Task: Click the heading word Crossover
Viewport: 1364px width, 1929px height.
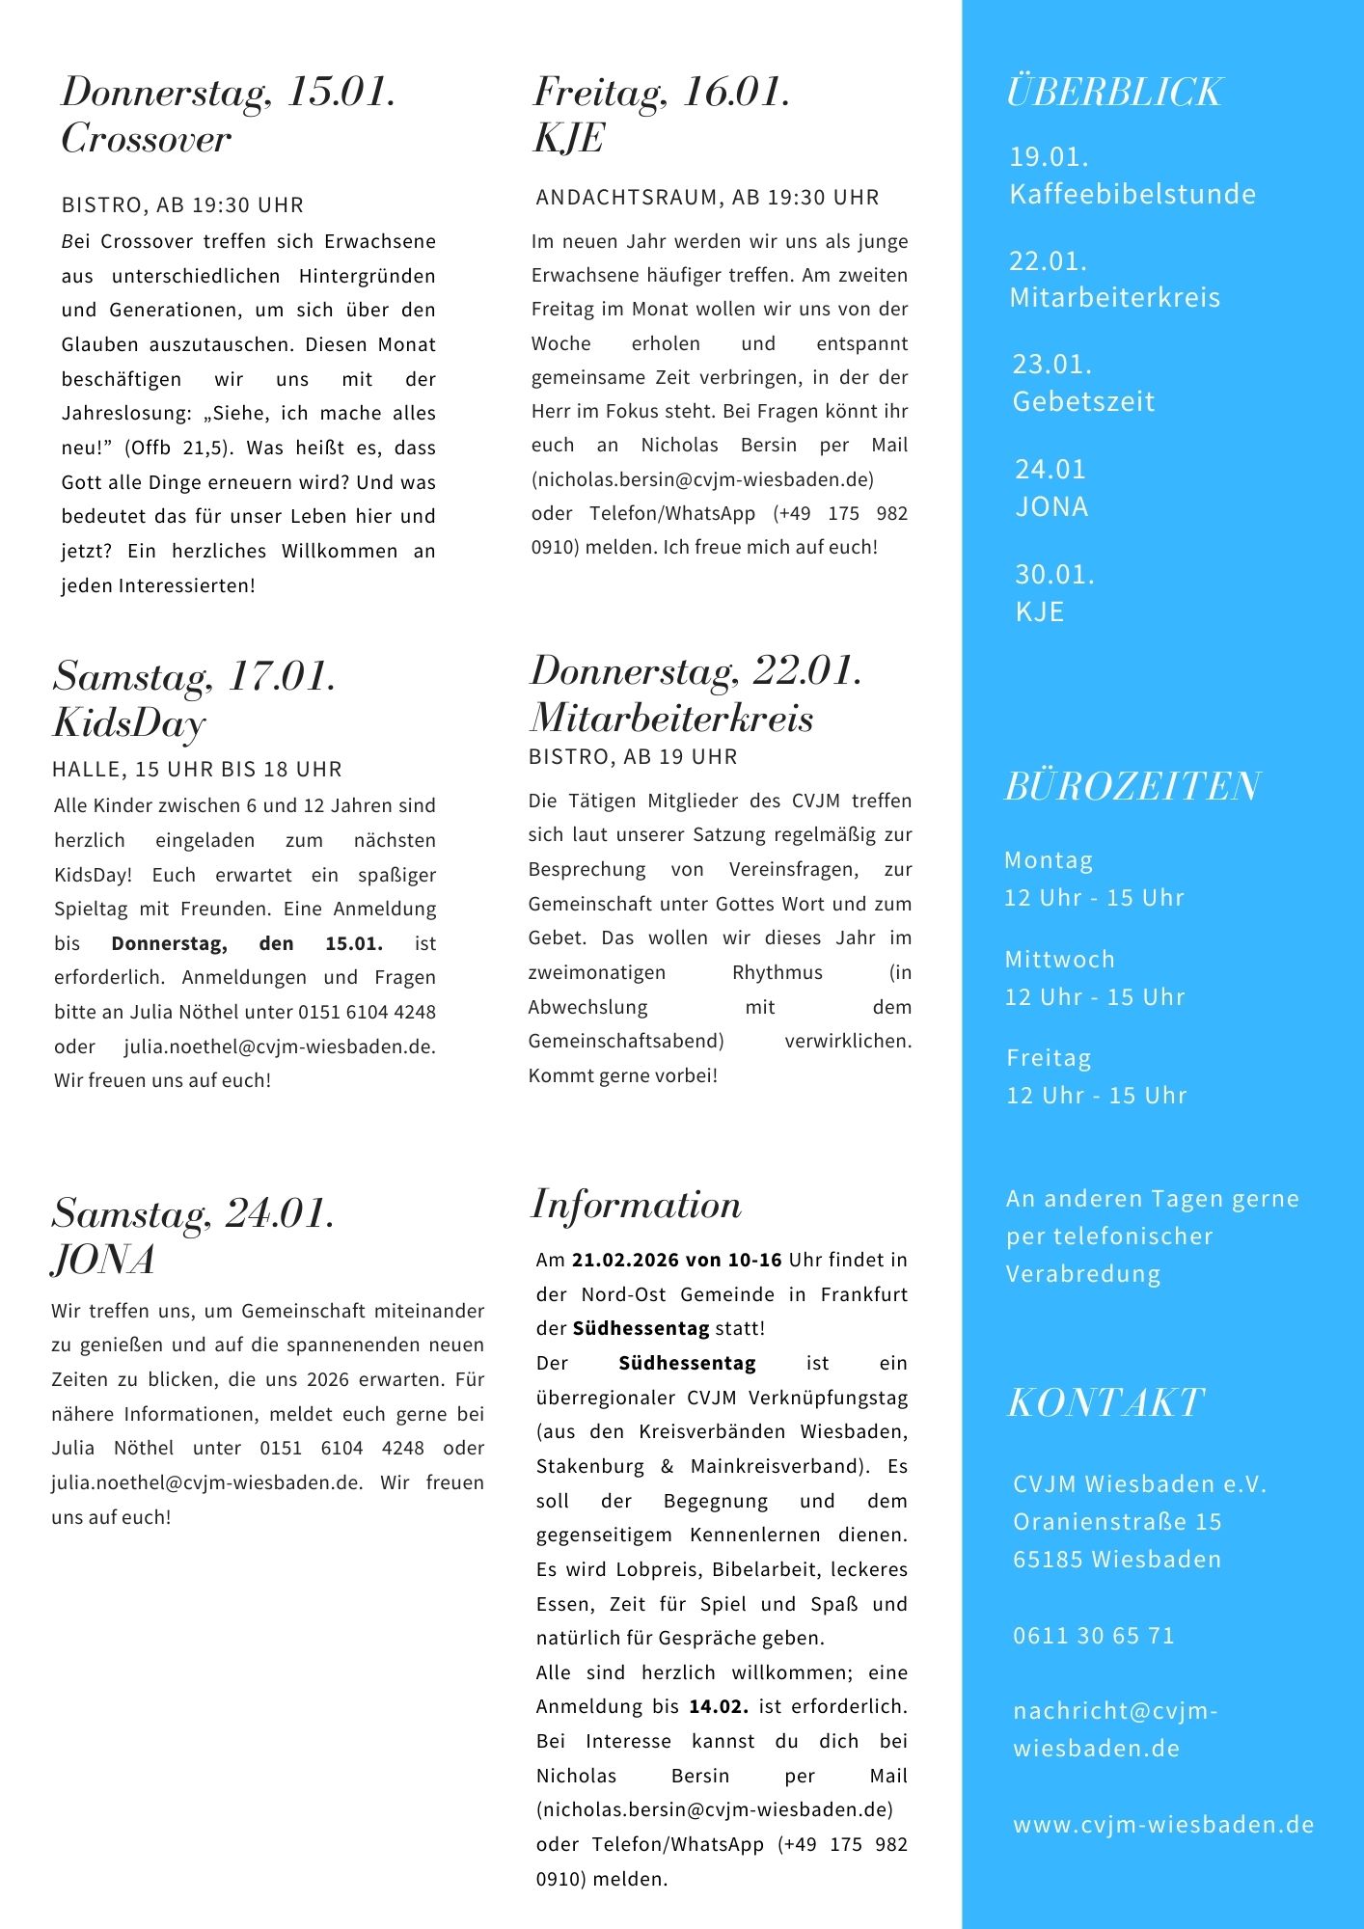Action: [x=147, y=140]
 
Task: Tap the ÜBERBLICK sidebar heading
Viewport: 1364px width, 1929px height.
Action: [x=1114, y=93]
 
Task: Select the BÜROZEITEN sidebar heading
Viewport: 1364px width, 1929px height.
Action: [x=1132, y=787]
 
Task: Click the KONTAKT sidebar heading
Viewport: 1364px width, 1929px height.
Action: [x=1105, y=1403]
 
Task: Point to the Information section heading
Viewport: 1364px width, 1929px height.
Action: [x=637, y=1206]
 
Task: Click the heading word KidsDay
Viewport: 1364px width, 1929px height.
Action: [x=129, y=723]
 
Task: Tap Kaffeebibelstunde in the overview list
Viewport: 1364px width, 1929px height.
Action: [x=1132, y=195]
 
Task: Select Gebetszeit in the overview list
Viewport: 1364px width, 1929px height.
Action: [x=1083, y=401]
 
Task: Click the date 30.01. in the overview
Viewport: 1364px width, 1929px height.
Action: [x=1054, y=575]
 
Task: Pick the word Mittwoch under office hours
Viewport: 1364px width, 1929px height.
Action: [x=1059, y=960]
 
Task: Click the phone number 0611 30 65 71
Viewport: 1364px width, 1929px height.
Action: [x=1094, y=1636]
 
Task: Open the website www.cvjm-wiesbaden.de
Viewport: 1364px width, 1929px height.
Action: [x=1163, y=1825]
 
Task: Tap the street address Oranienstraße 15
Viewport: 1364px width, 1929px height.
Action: [x=1117, y=1522]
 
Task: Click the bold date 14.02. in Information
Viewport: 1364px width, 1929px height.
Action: [x=719, y=1706]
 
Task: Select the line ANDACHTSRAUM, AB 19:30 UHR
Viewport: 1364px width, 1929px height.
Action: [x=707, y=198]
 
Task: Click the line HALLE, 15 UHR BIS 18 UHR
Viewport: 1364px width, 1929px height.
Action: [x=197, y=770]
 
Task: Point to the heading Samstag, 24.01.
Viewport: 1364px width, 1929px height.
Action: [x=193, y=1213]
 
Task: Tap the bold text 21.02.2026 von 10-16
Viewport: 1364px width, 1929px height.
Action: [x=677, y=1260]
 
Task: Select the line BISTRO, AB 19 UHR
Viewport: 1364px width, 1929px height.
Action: [x=633, y=757]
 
